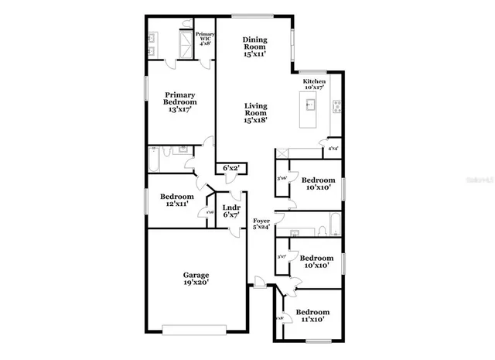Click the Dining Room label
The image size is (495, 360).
point(254,44)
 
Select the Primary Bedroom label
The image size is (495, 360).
point(179,98)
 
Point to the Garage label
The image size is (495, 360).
point(196,275)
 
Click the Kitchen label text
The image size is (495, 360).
point(314,81)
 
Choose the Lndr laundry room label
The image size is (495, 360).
point(231,207)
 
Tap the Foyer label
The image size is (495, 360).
point(261,221)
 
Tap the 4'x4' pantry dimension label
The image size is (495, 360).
point(333,148)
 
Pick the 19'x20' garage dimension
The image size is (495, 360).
point(196,283)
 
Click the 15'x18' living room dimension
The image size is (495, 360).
point(255,119)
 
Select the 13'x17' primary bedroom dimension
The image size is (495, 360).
point(179,110)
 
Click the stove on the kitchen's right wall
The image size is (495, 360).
point(336,105)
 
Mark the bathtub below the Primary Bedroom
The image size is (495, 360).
point(155,160)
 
